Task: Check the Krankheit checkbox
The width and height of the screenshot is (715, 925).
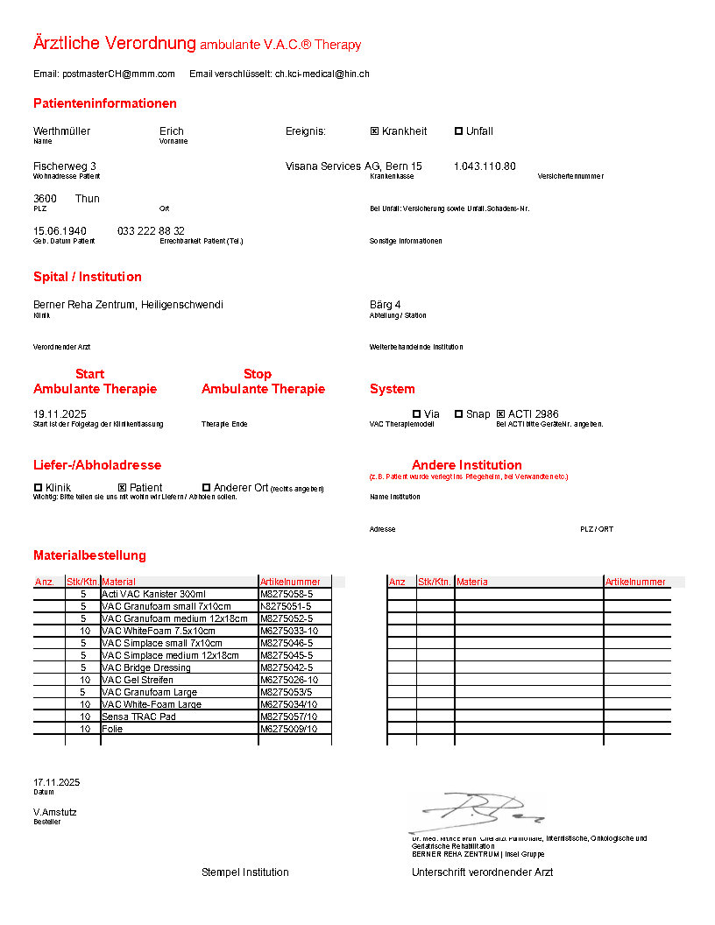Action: point(374,131)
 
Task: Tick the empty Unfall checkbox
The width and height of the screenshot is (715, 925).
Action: point(458,131)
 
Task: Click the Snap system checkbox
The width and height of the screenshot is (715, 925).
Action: point(458,414)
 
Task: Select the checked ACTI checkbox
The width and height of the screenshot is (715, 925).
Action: point(501,414)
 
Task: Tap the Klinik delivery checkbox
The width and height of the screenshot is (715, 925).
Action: point(38,488)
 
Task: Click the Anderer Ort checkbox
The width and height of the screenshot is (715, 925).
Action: point(206,488)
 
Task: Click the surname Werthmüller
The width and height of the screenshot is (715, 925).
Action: point(61,131)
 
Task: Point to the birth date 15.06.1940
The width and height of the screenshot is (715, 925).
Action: point(60,231)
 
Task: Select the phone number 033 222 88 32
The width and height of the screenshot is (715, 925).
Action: point(151,231)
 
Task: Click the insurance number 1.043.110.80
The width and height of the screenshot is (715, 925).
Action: point(485,166)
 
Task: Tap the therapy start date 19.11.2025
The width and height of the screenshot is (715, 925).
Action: point(60,414)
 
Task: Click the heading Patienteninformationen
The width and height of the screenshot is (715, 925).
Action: point(105,103)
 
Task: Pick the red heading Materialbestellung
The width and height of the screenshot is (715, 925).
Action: point(89,555)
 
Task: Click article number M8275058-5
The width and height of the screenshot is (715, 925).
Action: point(287,594)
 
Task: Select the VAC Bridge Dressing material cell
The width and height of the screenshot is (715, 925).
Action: point(145,667)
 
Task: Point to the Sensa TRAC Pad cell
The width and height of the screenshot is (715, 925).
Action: point(138,717)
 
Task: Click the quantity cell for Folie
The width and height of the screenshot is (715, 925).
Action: point(84,729)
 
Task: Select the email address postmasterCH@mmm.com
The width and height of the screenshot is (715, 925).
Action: point(118,74)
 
